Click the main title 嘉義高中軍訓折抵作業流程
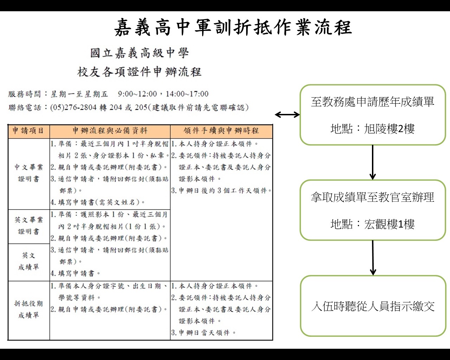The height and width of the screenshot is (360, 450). [x=233, y=27]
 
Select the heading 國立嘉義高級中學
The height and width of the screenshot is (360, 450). [x=140, y=53]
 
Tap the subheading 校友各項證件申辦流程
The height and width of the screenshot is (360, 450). [x=139, y=72]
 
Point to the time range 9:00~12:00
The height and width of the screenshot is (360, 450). [x=137, y=94]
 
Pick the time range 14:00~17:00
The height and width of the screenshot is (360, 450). [x=187, y=94]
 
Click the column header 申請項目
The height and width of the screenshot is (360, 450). [x=28, y=130]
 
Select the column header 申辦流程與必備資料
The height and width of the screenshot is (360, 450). [x=110, y=130]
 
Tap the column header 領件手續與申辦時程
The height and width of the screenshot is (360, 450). [x=221, y=130]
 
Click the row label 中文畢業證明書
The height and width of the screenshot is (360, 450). [x=28, y=173]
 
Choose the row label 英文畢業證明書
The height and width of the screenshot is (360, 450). [x=28, y=226]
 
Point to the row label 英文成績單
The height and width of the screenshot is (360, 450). [x=28, y=261]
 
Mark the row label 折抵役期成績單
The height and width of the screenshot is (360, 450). [x=28, y=309]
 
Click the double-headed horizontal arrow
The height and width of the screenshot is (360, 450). [x=287, y=115]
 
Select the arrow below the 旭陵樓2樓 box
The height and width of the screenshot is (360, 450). [x=373, y=162]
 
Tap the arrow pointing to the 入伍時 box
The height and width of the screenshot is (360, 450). [x=373, y=258]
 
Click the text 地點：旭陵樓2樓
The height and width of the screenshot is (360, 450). [x=372, y=129]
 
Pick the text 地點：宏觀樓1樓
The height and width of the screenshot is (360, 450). [x=372, y=224]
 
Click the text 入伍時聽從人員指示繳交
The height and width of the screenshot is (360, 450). [x=373, y=307]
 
